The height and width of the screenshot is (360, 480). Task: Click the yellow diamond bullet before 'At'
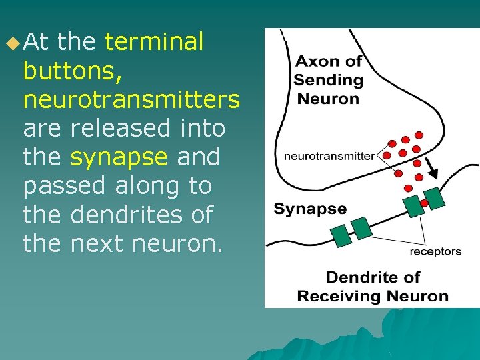click(x=13, y=44)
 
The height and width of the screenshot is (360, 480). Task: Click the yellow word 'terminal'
click(x=154, y=42)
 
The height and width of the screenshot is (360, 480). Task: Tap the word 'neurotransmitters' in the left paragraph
click(x=131, y=100)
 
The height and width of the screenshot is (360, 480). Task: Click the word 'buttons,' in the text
click(x=72, y=71)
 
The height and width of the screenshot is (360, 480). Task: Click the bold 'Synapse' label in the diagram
click(x=310, y=209)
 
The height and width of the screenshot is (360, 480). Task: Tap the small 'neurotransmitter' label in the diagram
click(x=329, y=156)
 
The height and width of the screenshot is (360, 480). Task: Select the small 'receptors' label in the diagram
click(x=435, y=251)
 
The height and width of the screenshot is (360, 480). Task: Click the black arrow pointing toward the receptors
click(x=431, y=172)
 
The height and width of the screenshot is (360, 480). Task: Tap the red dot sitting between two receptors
click(x=424, y=203)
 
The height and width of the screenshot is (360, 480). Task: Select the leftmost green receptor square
click(x=341, y=235)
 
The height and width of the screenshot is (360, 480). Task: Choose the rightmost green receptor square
click(x=433, y=197)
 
